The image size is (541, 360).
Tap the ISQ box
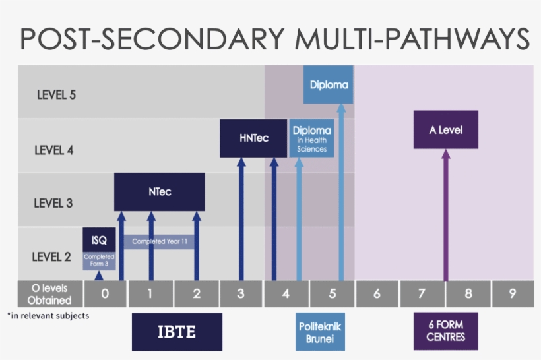click(99, 240)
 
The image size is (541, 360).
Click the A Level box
click(445, 130)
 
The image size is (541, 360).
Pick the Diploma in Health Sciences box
click(311, 138)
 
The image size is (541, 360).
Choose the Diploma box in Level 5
click(328, 85)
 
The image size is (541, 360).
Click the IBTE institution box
click(177, 332)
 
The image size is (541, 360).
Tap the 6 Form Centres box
click(445, 332)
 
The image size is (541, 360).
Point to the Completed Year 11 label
click(159, 242)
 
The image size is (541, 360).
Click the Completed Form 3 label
click(99, 261)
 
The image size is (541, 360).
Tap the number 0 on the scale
click(105, 294)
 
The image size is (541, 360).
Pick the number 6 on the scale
click(377, 294)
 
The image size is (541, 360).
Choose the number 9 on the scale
click(512, 294)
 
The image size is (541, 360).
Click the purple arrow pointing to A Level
click(446, 218)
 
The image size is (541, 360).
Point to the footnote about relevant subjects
click(48, 316)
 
